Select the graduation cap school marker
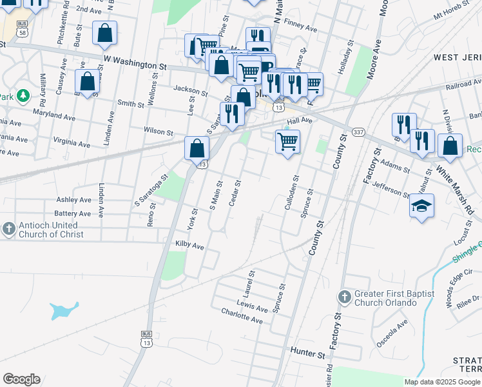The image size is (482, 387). pyautogui.click(x=422, y=206)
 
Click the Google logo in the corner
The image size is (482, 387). pyautogui.click(x=22, y=379)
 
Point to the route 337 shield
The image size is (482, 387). pyautogui.click(x=358, y=133)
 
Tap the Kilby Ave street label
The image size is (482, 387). pyautogui.click(x=189, y=246)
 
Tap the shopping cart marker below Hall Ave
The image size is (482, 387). pyautogui.click(x=287, y=141)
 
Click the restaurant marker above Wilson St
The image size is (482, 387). pyautogui.click(x=232, y=114)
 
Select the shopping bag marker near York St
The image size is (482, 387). pyautogui.click(x=197, y=148)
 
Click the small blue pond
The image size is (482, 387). pyautogui.click(x=64, y=311)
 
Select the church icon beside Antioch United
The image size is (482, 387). pyautogui.click(x=8, y=229)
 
